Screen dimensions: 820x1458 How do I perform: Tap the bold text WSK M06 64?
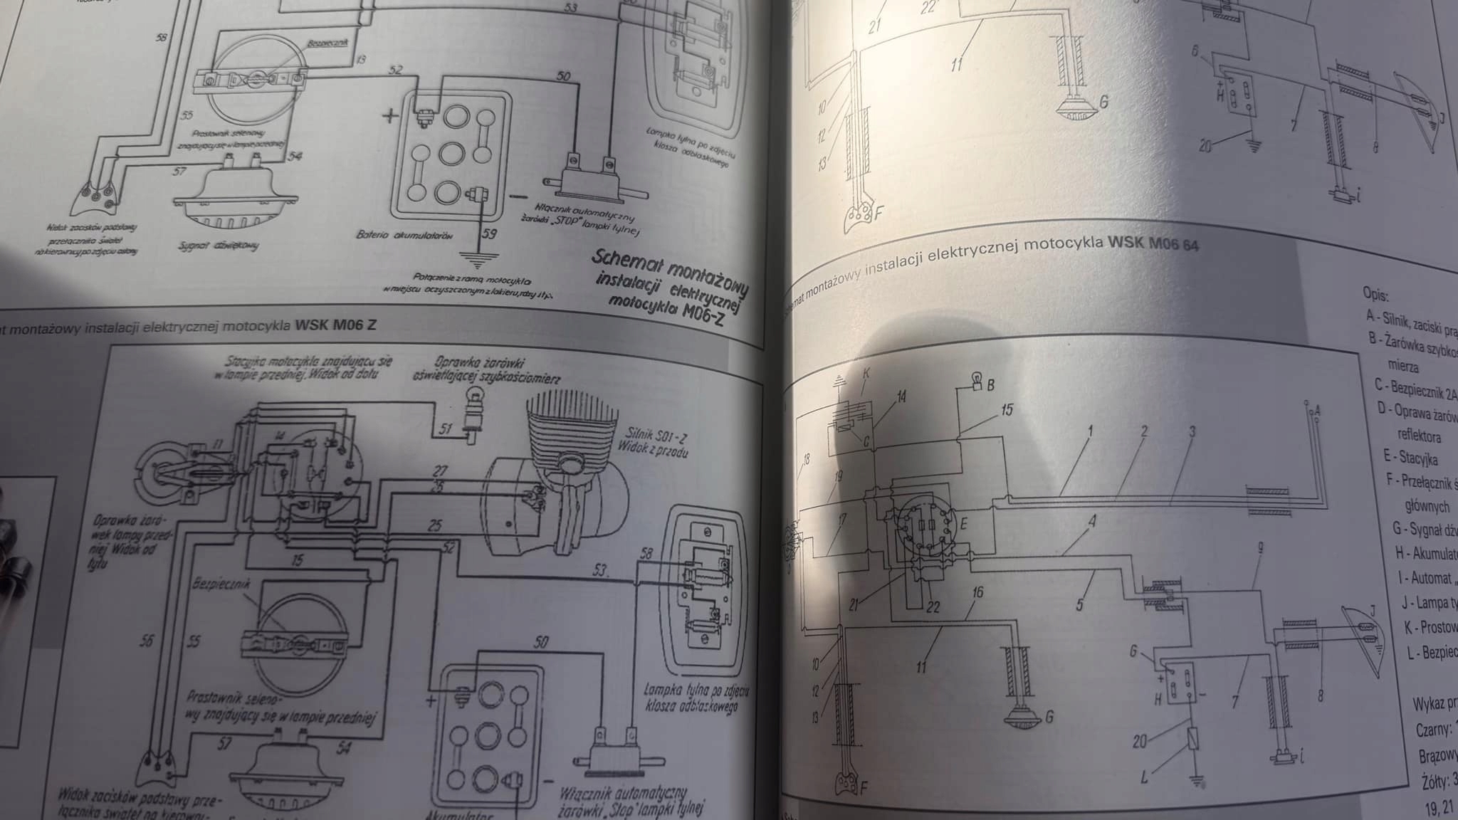click(1153, 244)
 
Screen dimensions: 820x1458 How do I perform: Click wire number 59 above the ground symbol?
click(489, 233)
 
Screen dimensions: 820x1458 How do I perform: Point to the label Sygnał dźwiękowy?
click(219, 246)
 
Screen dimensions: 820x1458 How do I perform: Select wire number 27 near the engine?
click(440, 471)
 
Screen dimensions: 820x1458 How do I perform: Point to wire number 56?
click(147, 641)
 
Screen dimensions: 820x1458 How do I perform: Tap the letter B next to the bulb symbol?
click(990, 385)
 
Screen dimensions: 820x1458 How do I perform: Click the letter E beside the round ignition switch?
click(965, 525)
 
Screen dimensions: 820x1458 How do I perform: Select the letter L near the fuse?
click(1144, 779)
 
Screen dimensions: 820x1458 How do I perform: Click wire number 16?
click(977, 592)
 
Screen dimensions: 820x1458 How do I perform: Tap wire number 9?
click(1261, 548)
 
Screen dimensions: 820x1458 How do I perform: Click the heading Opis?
click(1375, 294)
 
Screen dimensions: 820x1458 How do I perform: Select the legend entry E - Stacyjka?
click(1407, 458)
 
